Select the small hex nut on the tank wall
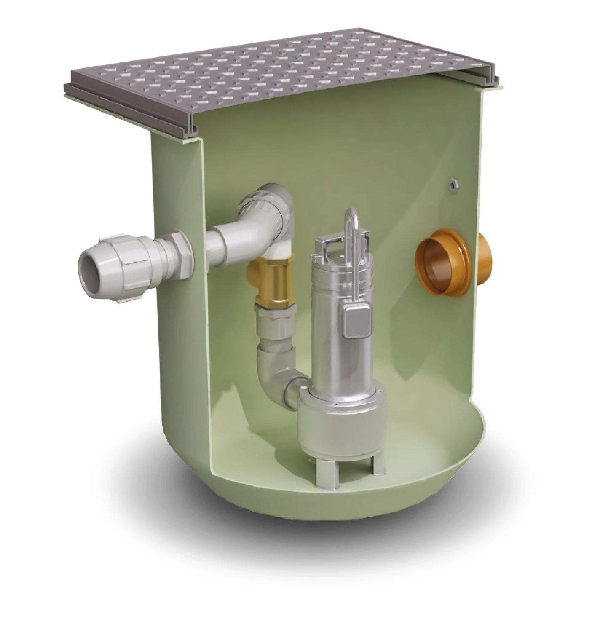tap(454, 184)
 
